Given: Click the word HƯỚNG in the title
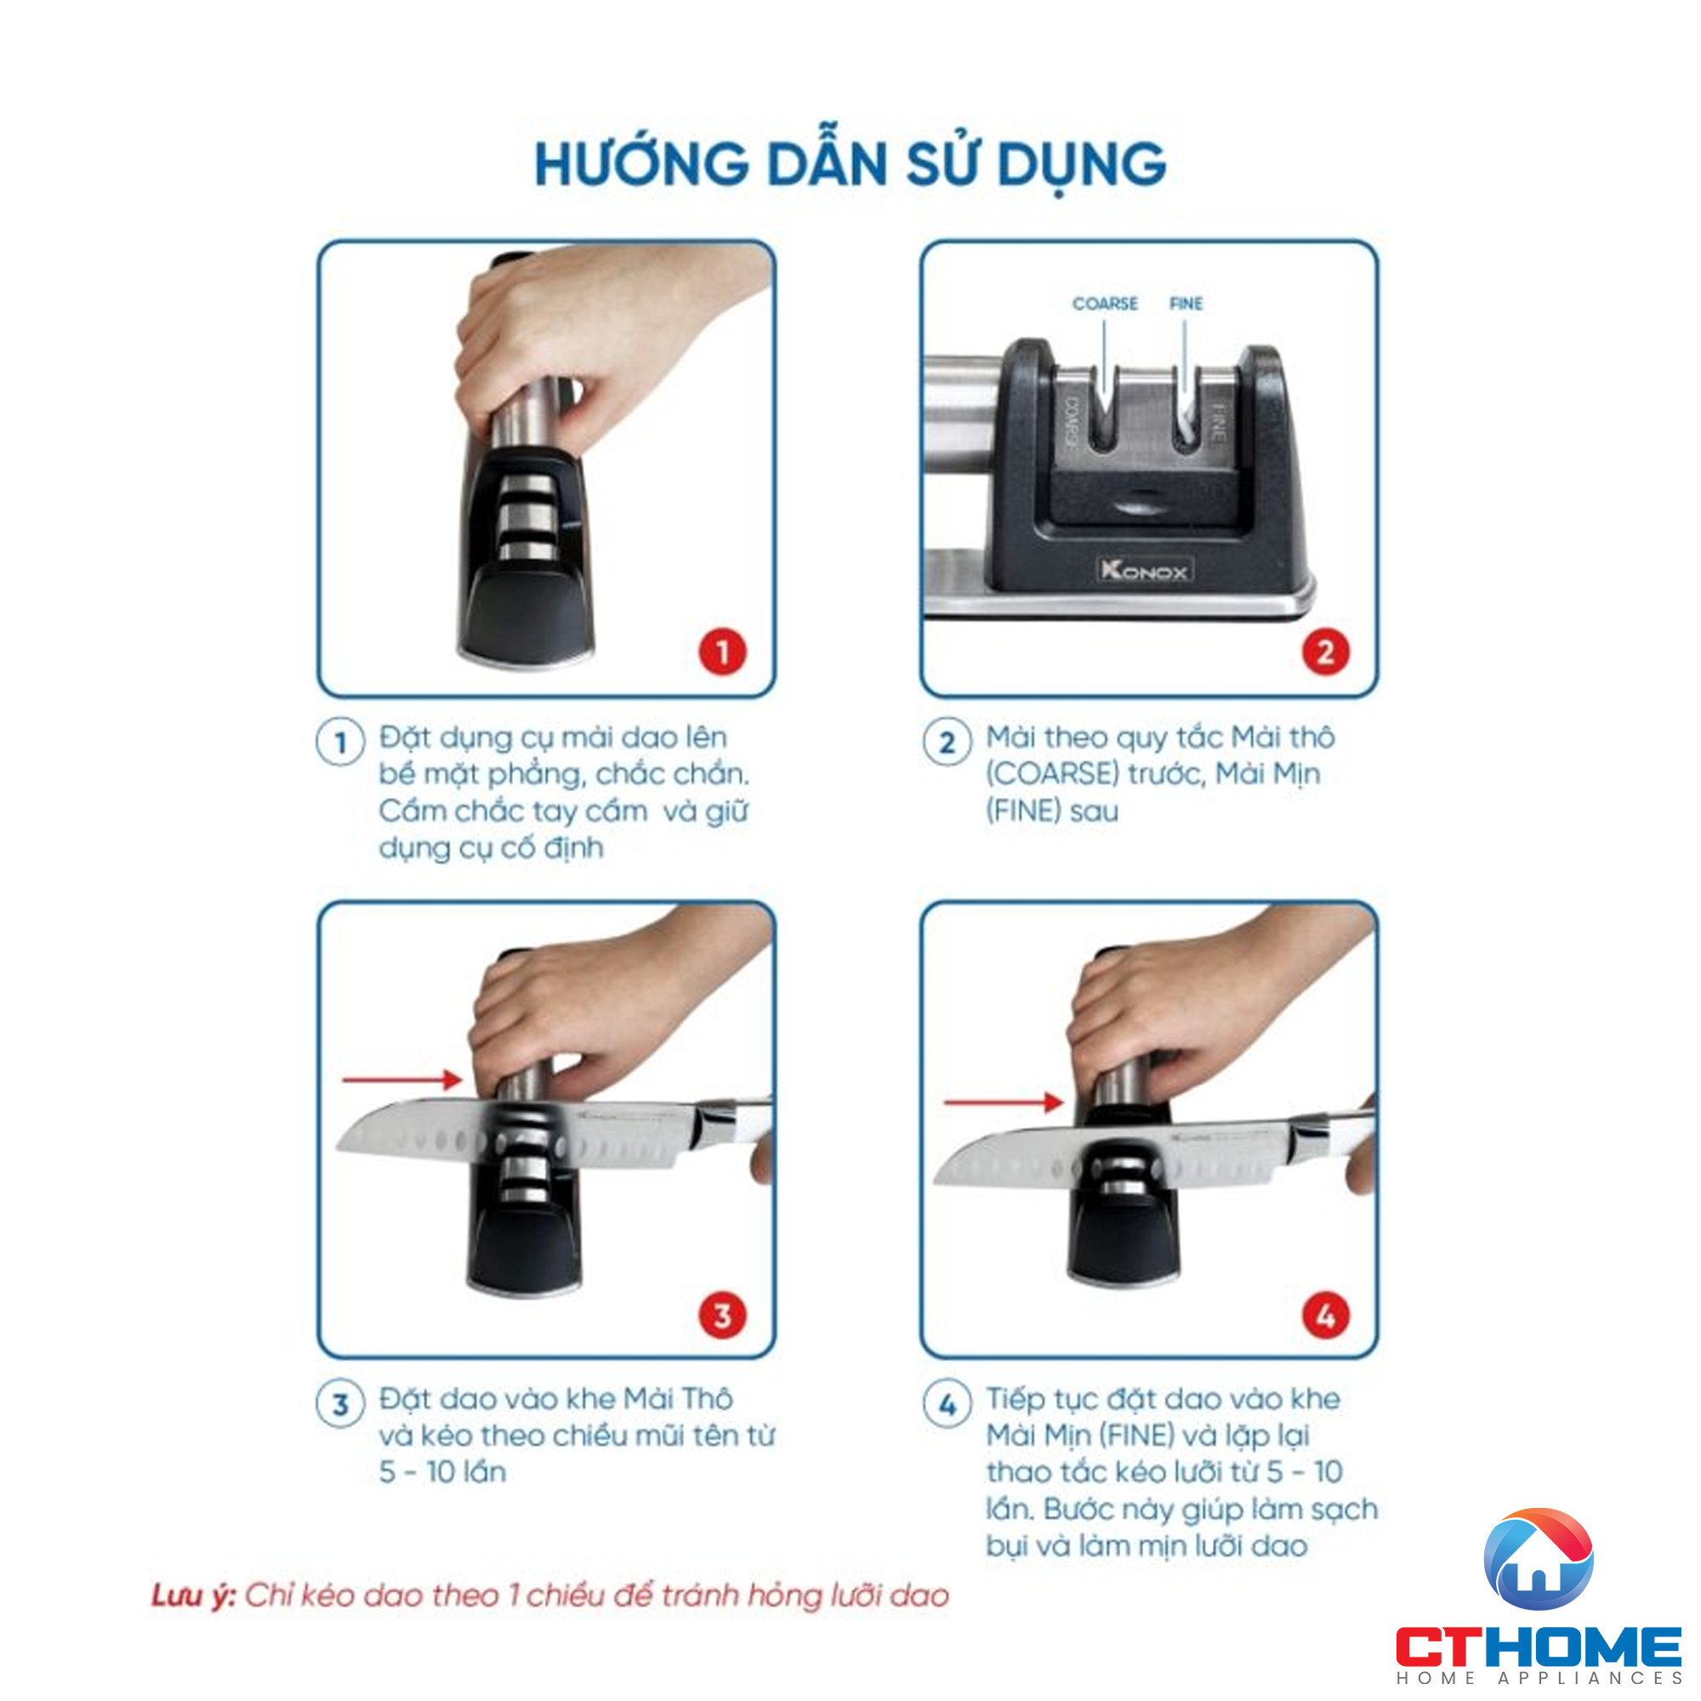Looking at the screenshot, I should tap(642, 165).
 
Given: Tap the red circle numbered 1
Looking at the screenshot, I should tap(722, 652).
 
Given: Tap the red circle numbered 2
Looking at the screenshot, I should tap(1325, 652).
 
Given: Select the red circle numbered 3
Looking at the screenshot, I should tap(722, 1317).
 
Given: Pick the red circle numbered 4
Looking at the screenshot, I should tap(1325, 1317).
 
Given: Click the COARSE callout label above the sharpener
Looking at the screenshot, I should tap(1105, 304).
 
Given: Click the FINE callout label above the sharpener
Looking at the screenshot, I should tap(1186, 304).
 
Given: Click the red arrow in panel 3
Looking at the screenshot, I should tap(401, 1079).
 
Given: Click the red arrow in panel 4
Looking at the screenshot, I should tap(1003, 1101).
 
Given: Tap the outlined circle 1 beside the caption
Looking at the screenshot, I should tap(341, 743).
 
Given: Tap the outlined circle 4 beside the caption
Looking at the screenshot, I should tap(947, 1404).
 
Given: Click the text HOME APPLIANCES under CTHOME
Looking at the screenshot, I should tap(1538, 1678).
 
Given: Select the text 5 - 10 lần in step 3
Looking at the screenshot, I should tap(442, 1472).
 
